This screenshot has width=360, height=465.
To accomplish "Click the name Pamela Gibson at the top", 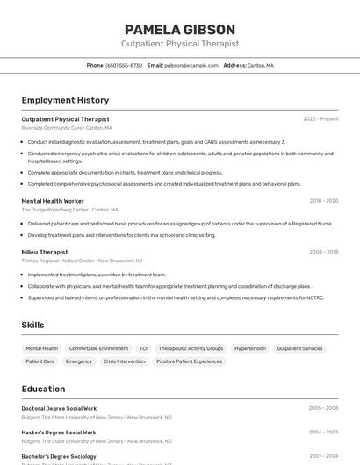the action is click(179, 29).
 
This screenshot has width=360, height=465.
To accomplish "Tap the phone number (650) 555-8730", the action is click(124, 65).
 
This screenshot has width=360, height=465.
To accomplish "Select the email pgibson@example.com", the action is click(191, 65).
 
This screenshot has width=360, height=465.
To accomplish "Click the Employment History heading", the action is click(65, 100).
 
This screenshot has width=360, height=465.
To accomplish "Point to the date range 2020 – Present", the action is click(320, 118).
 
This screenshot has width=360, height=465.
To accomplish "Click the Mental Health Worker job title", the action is click(53, 201).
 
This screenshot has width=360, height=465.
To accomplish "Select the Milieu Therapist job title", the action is click(44, 252).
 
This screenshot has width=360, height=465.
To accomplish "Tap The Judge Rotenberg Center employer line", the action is click(69, 210).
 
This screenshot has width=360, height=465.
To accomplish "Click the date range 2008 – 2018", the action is click(323, 252).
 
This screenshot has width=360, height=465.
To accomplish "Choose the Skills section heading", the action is click(32, 325).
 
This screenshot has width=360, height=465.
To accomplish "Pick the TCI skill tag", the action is click(143, 348).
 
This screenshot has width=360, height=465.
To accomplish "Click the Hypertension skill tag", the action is click(250, 348).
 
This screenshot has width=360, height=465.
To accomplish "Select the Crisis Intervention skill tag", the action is click(124, 361).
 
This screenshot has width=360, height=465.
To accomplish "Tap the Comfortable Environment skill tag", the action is click(98, 348).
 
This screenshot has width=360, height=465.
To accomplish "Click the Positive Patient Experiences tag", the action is click(190, 361).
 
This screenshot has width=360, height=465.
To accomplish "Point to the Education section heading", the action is click(43, 389).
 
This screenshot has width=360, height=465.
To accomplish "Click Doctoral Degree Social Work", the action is click(59, 408).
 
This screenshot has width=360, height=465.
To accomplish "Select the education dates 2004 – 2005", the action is click(323, 433).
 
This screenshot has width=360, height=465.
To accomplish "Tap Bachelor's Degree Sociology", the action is click(59, 456).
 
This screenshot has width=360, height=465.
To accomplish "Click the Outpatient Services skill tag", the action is click(299, 348).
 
